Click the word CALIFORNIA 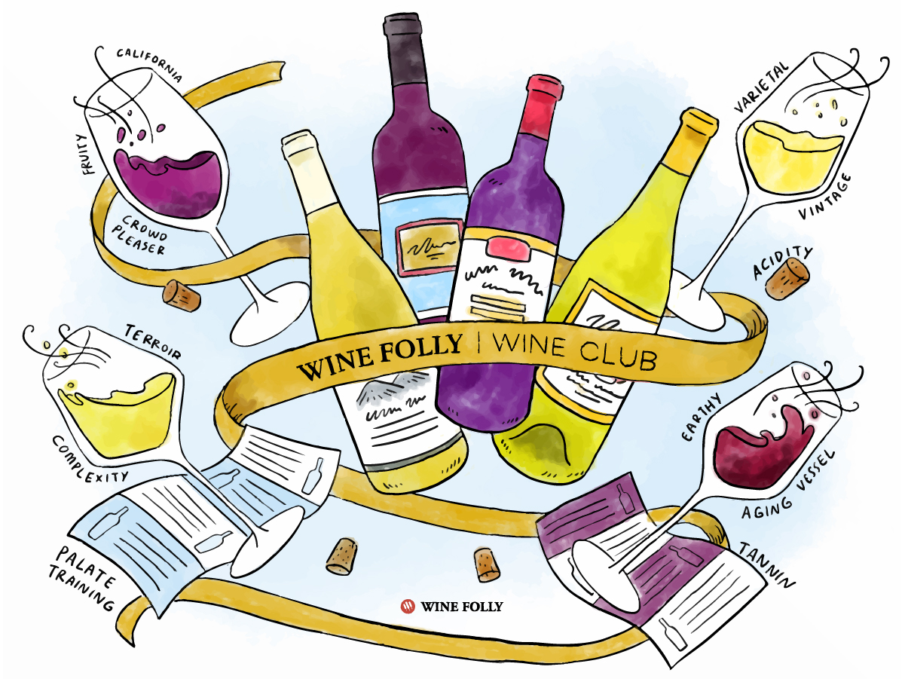point(149,64)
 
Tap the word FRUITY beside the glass point(87,154)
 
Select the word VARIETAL point(761,88)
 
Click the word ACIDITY point(782,262)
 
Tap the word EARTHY point(702,417)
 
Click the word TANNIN point(766,564)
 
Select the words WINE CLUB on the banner point(573,351)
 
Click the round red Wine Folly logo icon point(408,606)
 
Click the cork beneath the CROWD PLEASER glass point(182,295)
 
